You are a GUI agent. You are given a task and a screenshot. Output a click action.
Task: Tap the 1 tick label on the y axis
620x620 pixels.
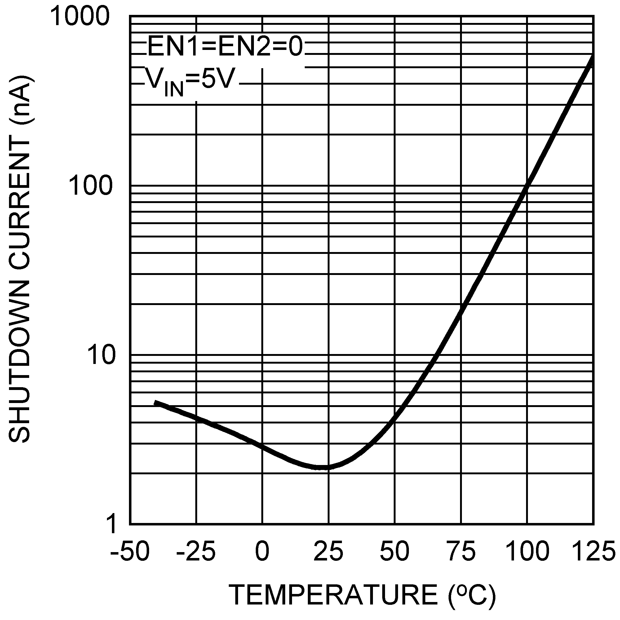pyautogui.click(x=111, y=525)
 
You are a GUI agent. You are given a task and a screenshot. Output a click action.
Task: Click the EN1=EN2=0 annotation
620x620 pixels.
pyautogui.click(x=225, y=46)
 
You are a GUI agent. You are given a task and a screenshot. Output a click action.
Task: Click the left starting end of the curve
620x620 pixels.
pyautogui.click(x=155, y=402)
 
